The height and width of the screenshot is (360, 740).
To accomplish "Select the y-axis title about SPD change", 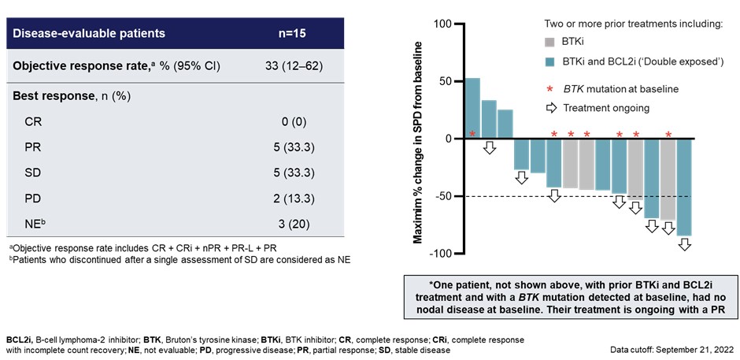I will point(417,138).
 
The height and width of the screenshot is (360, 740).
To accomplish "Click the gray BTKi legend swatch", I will point(550,41).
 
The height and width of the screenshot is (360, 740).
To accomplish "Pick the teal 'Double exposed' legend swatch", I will point(550,60).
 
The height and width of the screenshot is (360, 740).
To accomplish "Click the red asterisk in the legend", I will point(550,88).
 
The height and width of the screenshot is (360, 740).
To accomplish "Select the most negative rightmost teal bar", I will point(684,187).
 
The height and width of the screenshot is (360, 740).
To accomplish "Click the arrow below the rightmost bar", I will point(684,244).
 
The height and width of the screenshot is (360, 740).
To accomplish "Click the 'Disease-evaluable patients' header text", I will point(91,33).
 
